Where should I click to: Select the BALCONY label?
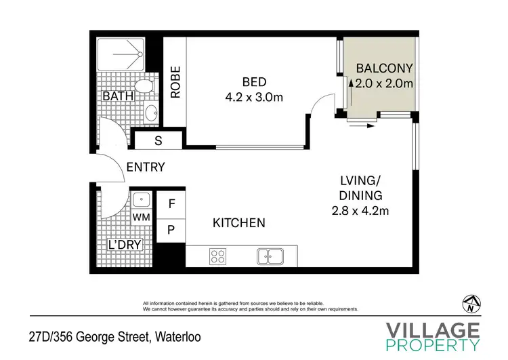tap(384, 68)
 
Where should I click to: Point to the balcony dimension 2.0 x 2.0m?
tap(384, 83)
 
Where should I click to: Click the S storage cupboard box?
tap(158, 141)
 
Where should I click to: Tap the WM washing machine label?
tap(141, 217)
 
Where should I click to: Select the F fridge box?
tap(171, 203)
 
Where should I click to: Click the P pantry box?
tap(171, 230)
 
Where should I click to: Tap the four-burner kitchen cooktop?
tap(218, 256)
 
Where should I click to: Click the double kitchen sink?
tap(271, 256)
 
